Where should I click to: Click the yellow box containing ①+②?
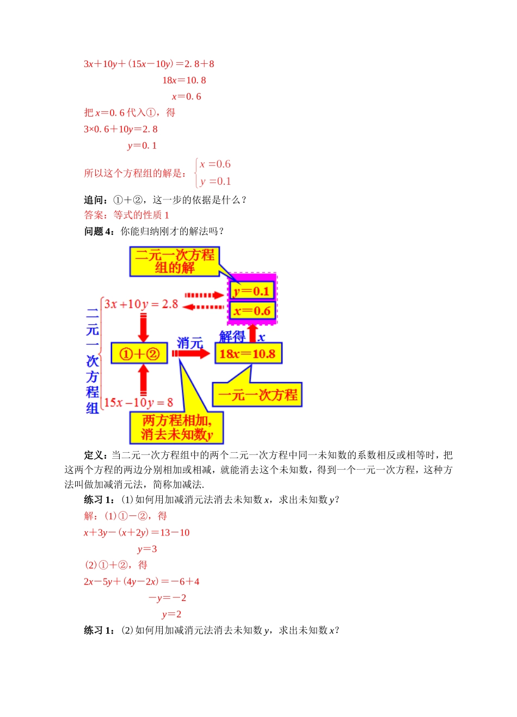click(x=139, y=354)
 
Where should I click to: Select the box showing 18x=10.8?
click(x=248, y=354)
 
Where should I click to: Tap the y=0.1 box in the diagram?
click(x=251, y=291)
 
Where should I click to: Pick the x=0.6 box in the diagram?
click(x=252, y=311)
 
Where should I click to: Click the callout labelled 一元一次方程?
click(x=257, y=394)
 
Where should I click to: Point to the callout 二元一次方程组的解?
click(x=174, y=262)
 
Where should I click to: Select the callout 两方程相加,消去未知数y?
click(x=176, y=427)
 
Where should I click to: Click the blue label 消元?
click(x=189, y=343)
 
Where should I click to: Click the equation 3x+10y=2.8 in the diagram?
click(x=141, y=304)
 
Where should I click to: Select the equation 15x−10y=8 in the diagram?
click(x=138, y=403)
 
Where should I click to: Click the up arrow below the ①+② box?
click(x=144, y=379)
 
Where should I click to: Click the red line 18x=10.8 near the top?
click(x=184, y=80)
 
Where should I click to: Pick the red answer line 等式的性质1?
click(x=126, y=215)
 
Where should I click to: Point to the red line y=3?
click(x=147, y=549)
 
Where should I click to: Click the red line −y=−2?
click(x=167, y=598)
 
